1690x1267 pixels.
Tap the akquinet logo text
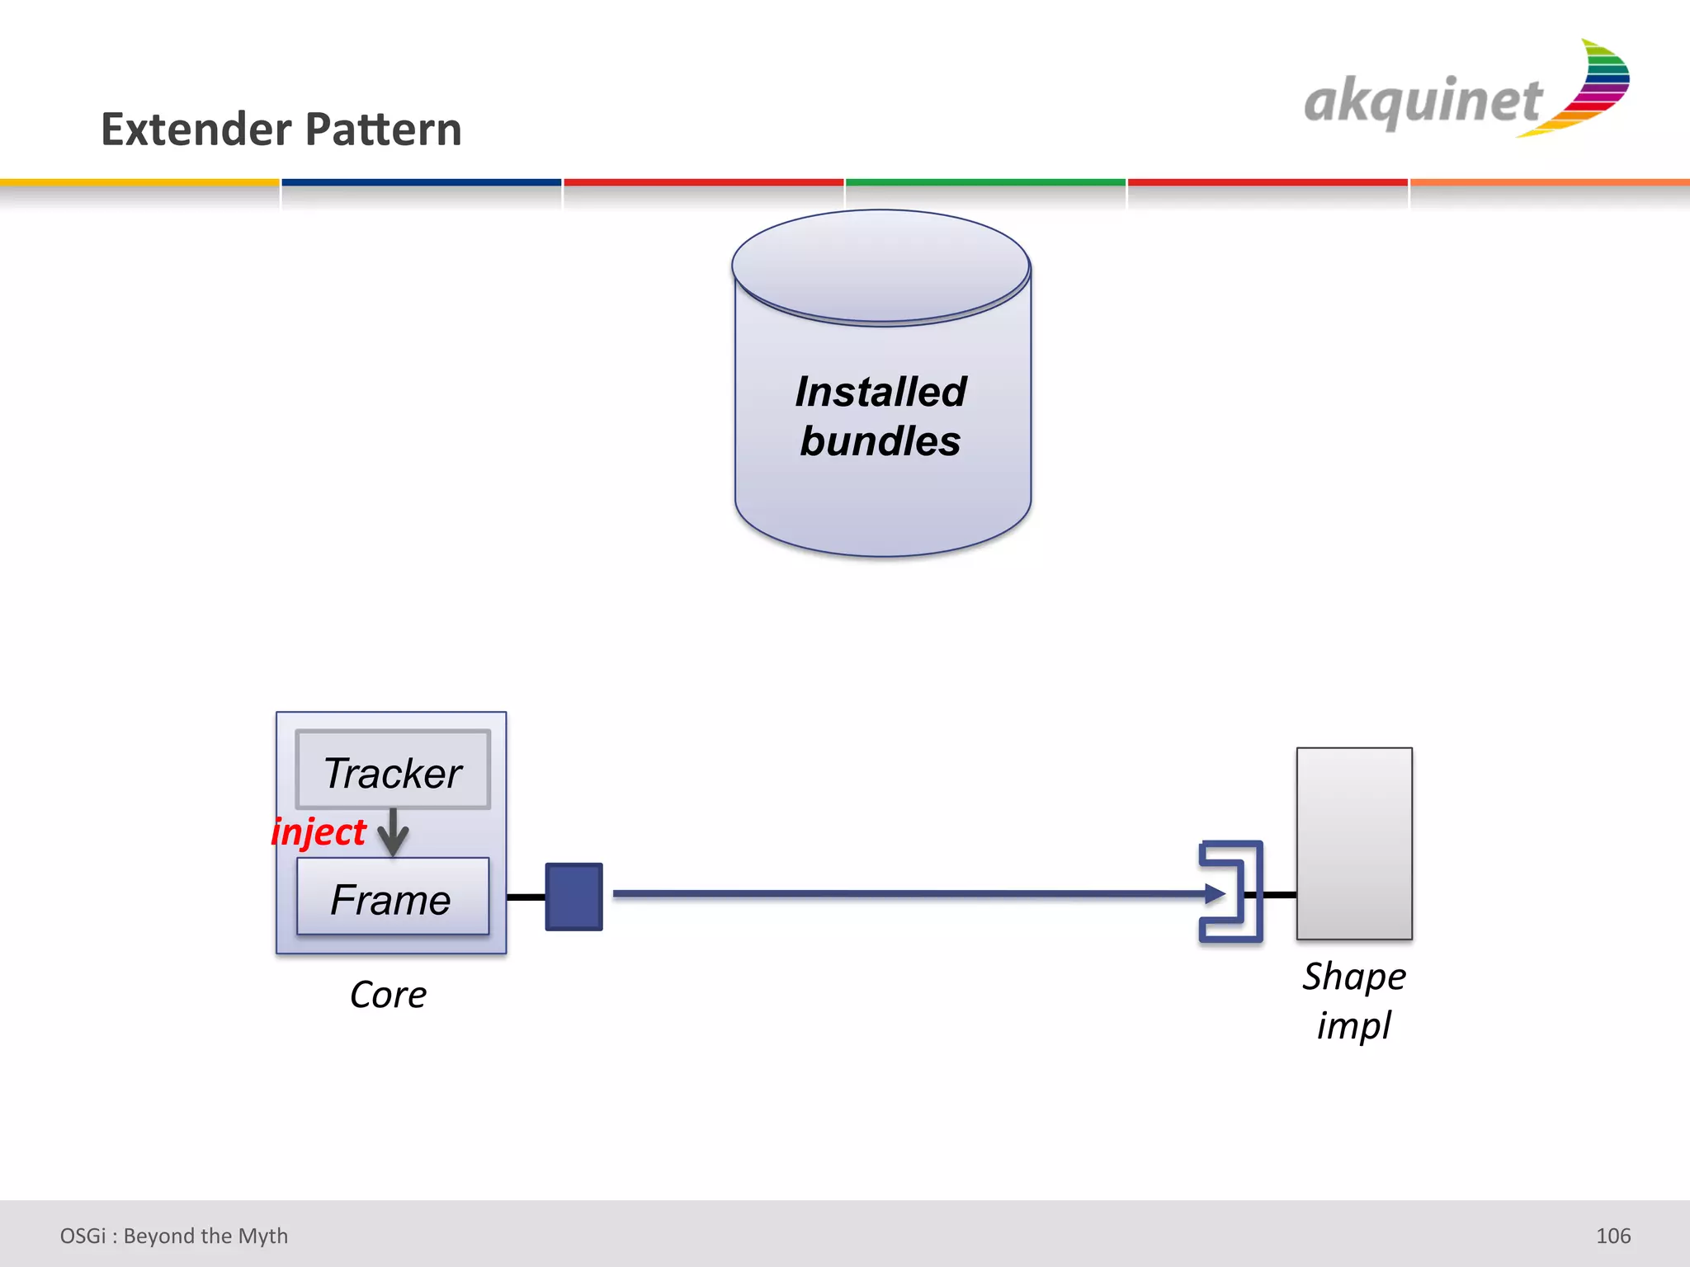click(x=1422, y=101)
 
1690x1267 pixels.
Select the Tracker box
click(x=393, y=770)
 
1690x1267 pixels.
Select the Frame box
click(x=393, y=897)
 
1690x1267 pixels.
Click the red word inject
click(x=319, y=831)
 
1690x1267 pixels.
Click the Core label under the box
click(x=388, y=995)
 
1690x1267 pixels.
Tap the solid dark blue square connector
click(x=574, y=897)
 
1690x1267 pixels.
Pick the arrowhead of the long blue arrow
click(x=1215, y=893)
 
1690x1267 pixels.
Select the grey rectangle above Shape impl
click(x=1354, y=843)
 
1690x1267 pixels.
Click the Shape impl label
click(x=1354, y=1001)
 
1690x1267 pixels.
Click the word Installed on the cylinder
click(x=880, y=392)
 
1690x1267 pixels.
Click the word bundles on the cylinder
click(x=880, y=440)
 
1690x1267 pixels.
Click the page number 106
click(x=1612, y=1236)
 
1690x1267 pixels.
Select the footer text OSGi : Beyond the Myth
click(x=174, y=1236)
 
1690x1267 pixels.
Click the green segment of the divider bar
click(x=985, y=182)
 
